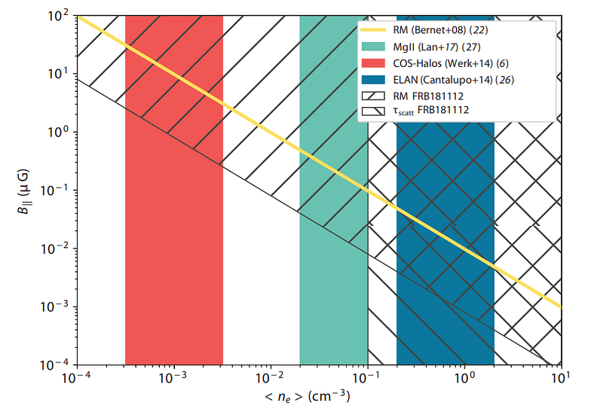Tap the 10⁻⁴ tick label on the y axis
[59, 365]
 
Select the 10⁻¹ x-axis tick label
[367, 377]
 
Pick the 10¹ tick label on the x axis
[561, 377]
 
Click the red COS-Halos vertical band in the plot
[174, 226]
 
